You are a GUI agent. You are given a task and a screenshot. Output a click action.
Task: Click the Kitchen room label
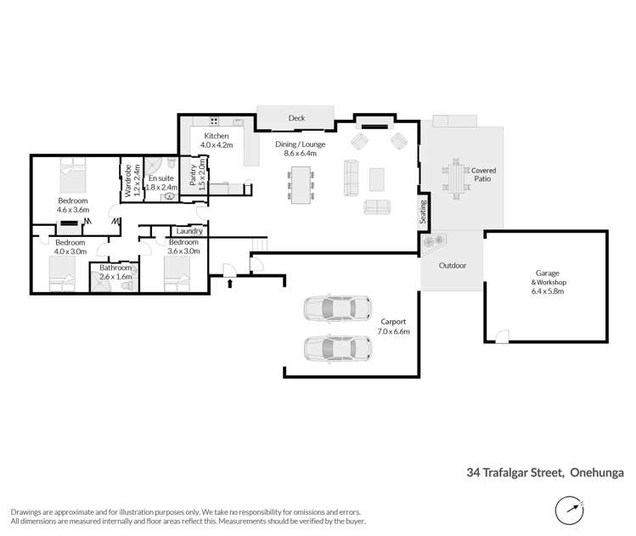pyautogui.click(x=215, y=136)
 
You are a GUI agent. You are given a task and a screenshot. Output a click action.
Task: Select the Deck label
pyautogui.click(x=296, y=118)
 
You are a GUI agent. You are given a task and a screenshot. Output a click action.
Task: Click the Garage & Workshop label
pyautogui.click(x=548, y=283)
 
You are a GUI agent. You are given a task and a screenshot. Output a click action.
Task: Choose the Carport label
pyautogui.click(x=393, y=321)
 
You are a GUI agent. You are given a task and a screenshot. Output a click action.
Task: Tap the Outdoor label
pyautogui.click(x=452, y=265)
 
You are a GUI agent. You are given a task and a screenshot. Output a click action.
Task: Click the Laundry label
pyautogui.click(x=188, y=231)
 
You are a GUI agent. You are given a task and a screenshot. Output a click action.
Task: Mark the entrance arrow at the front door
pyautogui.click(x=228, y=283)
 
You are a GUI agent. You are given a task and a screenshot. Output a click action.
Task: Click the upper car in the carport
pyautogui.click(x=337, y=307)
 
